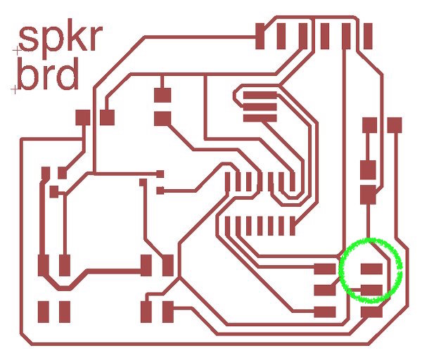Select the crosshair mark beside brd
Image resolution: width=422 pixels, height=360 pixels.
click(x=13, y=89)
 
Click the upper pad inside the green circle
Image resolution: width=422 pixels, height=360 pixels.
click(x=371, y=268)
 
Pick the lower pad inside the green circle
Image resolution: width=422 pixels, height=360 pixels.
click(x=371, y=289)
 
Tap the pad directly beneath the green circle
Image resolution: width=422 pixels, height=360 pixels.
click(x=371, y=311)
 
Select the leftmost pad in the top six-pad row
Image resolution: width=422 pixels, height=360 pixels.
click(x=260, y=36)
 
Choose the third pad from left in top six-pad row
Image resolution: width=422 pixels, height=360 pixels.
click(x=303, y=36)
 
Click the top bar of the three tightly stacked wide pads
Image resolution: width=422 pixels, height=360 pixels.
click(x=260, y=96)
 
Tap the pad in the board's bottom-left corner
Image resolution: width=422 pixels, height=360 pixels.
click(x=44, y=311)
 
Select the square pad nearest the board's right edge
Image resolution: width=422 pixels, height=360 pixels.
click(x=394, y=125)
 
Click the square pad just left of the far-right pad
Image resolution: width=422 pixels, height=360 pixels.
click(x=369, y=125)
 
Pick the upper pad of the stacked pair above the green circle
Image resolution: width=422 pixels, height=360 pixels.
click(x=368, y=169)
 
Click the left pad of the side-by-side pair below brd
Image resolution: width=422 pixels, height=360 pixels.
click(x=83, y=117)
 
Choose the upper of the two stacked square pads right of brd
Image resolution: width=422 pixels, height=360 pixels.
click(x=163, y=94)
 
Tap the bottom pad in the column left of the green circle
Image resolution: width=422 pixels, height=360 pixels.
click(x=325, y=311)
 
